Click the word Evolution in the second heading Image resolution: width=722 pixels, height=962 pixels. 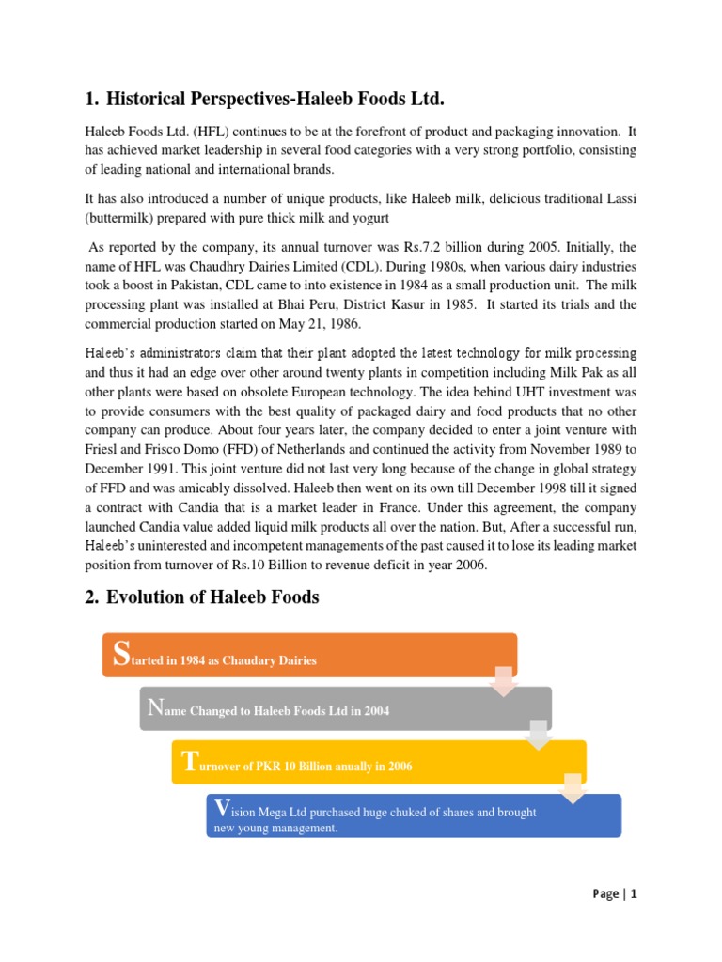(x=149, y=597)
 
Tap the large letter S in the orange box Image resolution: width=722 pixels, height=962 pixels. (x=118, y=655)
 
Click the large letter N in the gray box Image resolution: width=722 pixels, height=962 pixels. (x=155, y=707)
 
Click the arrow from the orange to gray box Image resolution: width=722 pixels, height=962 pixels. (x=503, y=681)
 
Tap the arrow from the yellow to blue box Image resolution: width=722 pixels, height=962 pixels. (x=573, y=788)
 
